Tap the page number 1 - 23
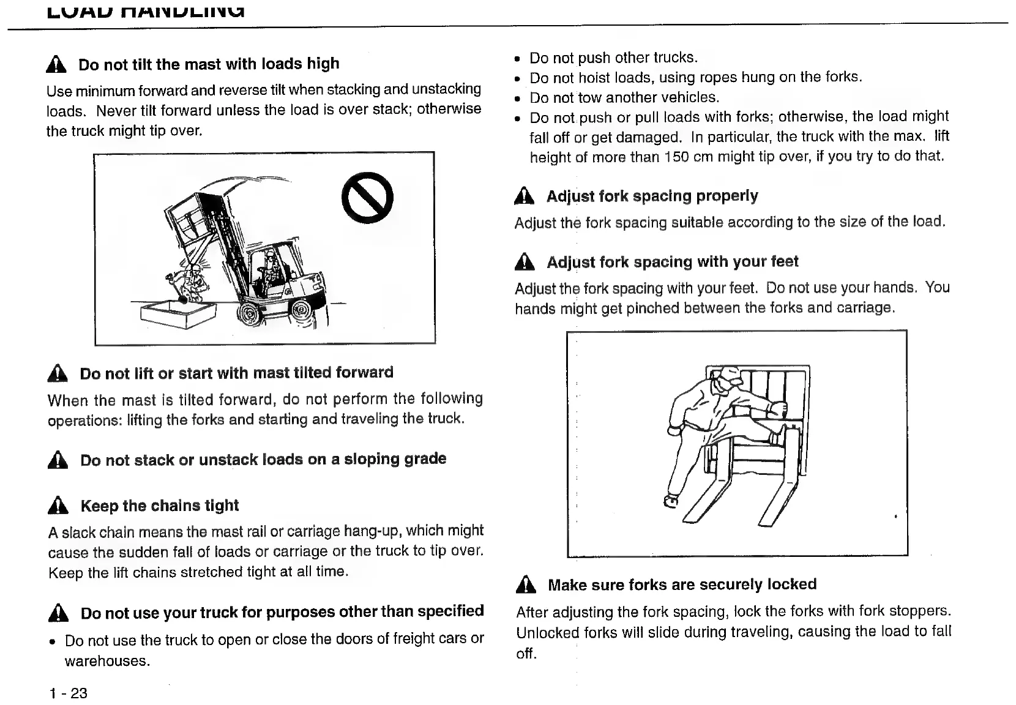(69, 693)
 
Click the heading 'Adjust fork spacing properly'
(652, 196)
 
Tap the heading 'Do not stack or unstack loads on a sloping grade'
(263, 459)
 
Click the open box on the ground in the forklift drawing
(178, 313)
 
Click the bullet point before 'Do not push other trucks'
(518, 59)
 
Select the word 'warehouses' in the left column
(106, 661)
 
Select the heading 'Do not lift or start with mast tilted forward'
(236, 373)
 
